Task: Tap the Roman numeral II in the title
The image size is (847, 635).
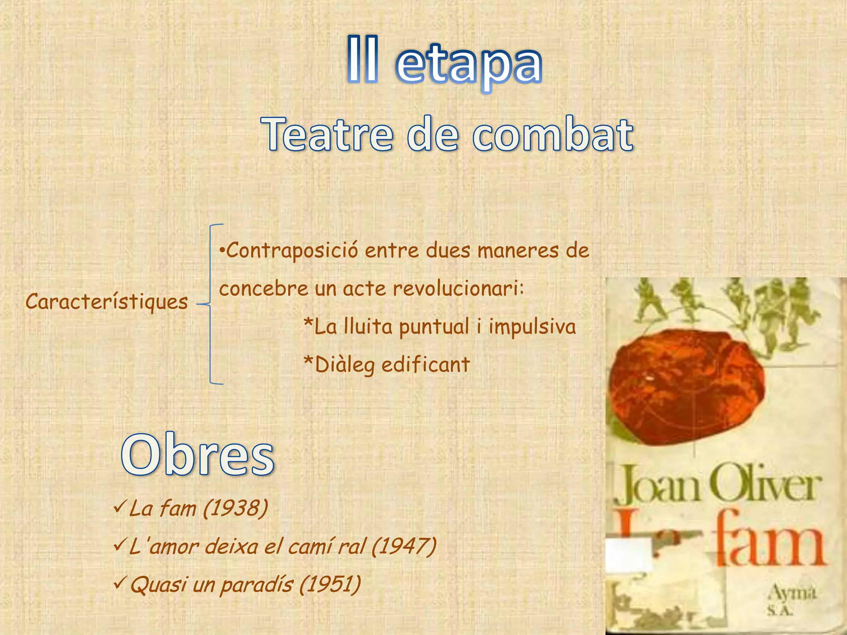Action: tap(362, 60)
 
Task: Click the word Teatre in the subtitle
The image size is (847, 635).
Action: tap(327, 134)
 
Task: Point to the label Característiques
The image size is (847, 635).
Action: tap(107, 302)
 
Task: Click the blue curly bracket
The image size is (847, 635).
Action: tap(211, 304)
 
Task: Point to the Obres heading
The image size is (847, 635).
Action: tap(198, 455)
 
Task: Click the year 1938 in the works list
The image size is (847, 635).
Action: tap(236, 508)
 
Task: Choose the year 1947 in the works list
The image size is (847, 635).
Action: tap(404, 547)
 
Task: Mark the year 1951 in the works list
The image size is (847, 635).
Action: tap(330, 585)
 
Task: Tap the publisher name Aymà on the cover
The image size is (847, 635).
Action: tap(792, 593)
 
